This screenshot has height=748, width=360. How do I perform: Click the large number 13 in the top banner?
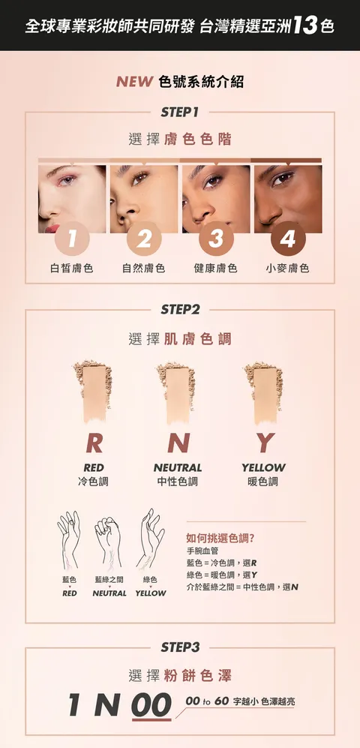coord(305,26)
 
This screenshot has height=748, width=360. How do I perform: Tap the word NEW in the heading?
coord(134,82)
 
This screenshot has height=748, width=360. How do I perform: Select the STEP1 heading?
coord(180,112)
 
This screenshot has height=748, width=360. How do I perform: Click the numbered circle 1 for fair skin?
coord(72,239)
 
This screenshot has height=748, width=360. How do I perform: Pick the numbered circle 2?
coord(144,239)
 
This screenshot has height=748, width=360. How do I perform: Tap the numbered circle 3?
coord(216,239)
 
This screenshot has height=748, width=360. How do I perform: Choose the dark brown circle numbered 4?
coord(288,239)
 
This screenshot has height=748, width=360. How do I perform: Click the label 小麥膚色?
coord(287,269)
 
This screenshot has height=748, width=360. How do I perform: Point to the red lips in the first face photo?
coord(52,229)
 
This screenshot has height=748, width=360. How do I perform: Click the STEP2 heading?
coord(180,310)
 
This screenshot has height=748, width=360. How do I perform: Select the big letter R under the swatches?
coord(94,443)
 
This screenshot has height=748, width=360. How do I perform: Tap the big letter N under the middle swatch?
coord(178,443)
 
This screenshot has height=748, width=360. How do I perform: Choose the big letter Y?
coord(264,443)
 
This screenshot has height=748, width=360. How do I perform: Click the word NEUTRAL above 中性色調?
coord(178,467)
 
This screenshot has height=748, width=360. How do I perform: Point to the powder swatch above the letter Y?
coord(263,392)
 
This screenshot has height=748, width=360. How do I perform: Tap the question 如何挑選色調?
coord(220,538)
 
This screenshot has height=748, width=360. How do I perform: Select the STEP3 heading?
coord(180,647)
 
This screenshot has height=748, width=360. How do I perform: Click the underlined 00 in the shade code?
coord(151,705)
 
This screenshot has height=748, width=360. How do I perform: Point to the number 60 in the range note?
coord(222,701)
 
